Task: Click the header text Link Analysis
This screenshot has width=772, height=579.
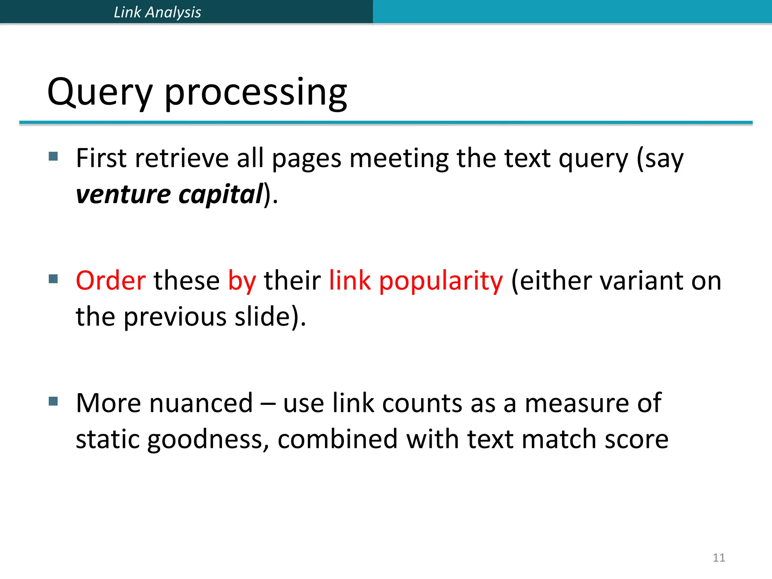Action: (157, 12)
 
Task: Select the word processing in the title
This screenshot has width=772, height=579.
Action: (256, 93)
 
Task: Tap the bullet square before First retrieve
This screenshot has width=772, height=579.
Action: (53, 156)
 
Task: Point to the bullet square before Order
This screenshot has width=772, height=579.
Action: (53, 279)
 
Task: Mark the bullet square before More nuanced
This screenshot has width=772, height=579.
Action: (53, 401)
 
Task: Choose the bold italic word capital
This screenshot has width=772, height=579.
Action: (220, 194)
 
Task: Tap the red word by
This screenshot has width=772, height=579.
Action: (242, 281)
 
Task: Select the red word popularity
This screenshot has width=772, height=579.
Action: (441, 281)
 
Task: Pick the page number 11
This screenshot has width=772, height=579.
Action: (719, 558)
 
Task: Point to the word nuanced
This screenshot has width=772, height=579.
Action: (202, 403)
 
